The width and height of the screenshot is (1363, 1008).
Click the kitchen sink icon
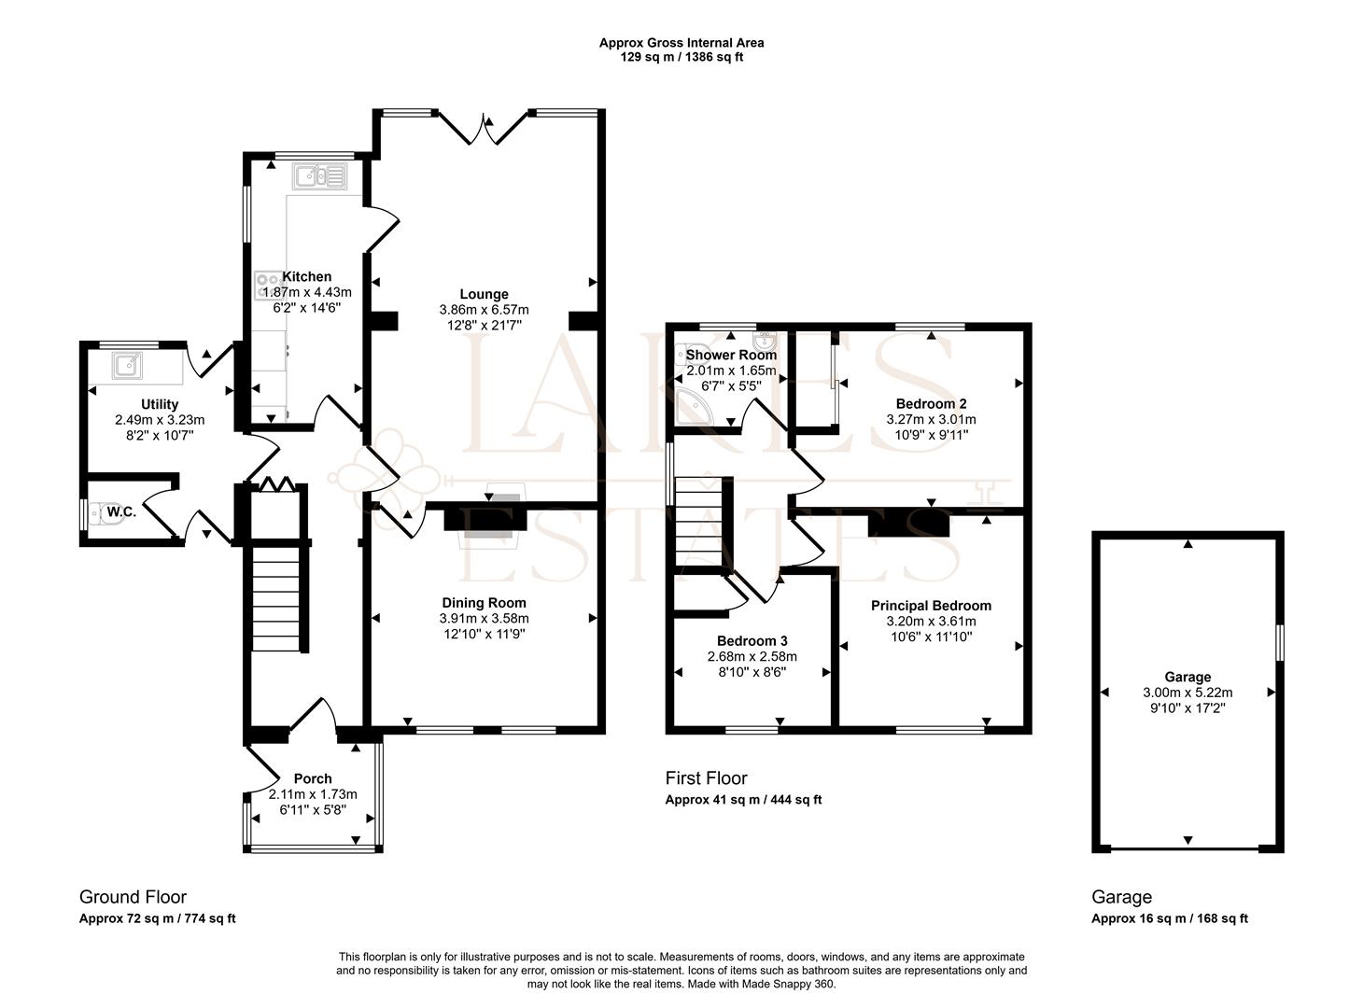point(319,176)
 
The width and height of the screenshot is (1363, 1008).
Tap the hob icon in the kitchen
point(269,286)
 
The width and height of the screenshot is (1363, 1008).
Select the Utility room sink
point(127,365)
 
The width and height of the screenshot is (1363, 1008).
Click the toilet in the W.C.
point(106,512)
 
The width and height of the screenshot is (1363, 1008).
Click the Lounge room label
point(484,294)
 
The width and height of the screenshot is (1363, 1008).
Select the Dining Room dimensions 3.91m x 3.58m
point(484,618)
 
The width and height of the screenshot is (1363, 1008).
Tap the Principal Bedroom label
point(931,606)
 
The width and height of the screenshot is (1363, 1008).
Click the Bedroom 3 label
point(752,641)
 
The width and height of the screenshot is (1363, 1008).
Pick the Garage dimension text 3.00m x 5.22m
point(1187,693)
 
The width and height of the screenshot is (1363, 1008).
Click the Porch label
point(313,778)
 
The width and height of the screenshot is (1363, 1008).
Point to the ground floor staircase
point(278,598)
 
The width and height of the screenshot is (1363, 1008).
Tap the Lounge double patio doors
point(483,128)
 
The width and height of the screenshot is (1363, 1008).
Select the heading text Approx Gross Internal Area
point(681,43)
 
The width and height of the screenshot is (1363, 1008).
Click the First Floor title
point(706,778)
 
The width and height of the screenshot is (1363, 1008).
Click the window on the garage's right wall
point(1279,643)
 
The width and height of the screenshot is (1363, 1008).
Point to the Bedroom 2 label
point(931,404)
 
